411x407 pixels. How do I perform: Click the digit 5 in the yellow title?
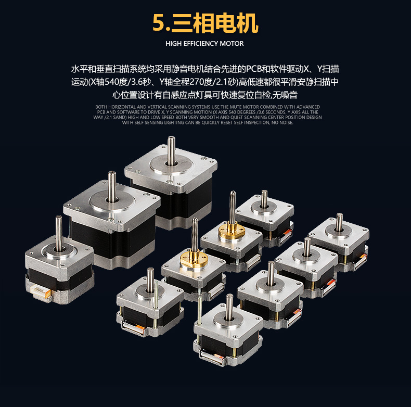[159, 23]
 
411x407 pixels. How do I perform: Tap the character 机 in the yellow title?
[247, 23]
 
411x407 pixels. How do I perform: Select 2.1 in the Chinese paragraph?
[222, 82]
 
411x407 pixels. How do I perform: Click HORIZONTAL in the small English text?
[122, 107]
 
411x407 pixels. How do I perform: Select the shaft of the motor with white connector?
[59, 233]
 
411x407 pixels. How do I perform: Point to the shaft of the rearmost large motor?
[171, 151]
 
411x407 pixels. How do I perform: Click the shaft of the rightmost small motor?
[339, 222]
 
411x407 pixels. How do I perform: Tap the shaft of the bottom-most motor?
[229, 307]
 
